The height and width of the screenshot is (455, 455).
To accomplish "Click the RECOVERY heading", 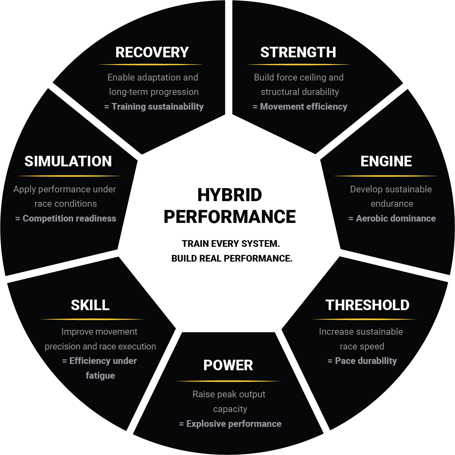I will point(152,52).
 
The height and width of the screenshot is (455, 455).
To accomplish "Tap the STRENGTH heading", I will point(298,52).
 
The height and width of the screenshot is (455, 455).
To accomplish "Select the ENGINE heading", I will point(386,161).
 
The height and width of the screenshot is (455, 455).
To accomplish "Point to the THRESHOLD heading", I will point(367,305).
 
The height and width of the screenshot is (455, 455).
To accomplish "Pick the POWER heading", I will point(228,365).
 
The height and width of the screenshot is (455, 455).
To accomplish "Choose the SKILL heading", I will point(90,305).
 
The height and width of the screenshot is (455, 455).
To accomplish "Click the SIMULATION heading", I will point(68,161).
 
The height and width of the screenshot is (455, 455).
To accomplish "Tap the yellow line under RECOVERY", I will point(151,65).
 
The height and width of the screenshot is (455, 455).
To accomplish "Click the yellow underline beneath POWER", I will point(228,381).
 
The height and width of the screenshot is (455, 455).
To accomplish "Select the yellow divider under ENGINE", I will point(385,176).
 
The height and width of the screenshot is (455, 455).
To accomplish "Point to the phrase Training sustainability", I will point(158,107).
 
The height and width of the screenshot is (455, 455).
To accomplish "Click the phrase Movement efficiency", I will point(303,107).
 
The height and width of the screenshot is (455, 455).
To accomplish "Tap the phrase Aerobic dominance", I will point(396,218).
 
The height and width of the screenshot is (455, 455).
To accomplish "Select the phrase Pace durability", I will point(366,361).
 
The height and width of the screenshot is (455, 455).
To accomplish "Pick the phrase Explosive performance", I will point(234,424).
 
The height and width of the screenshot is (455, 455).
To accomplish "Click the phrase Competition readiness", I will point(69,218).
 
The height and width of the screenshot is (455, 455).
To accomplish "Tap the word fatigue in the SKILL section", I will point(100,376).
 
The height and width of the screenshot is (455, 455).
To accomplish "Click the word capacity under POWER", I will point(230,409).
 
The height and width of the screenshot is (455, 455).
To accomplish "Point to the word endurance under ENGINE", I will point(392,204).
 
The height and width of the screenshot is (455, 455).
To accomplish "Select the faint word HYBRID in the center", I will point(229,195).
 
